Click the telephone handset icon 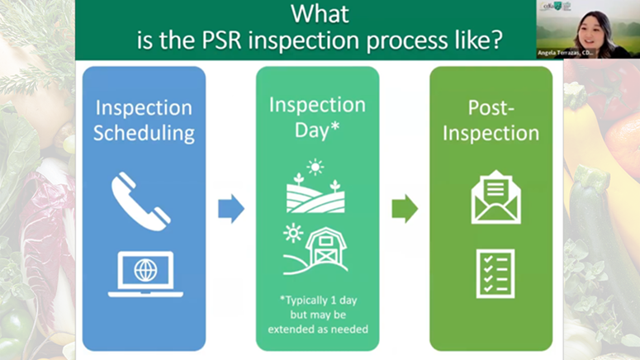pyautogui.click(x=141, y=201)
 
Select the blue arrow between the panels pyautogui.click(x=231, y=209)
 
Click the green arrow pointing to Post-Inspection pyautogui.click(x=405, y=209)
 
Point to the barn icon pyautogui.click(x=325, y=249)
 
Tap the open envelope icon pyautogui.click(x=495, y=197)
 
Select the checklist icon pyautogui.click(x=495, y=272)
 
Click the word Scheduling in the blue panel pyautogui.click(x=144, y=133)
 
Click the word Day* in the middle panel pyautogui.click(x=317, y=131)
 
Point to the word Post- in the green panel pyautogui.click(x=491, y=107)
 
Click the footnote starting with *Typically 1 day pyautogui.click(x=317, y=314)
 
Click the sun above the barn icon pyautogui.click(x=292, y=234)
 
